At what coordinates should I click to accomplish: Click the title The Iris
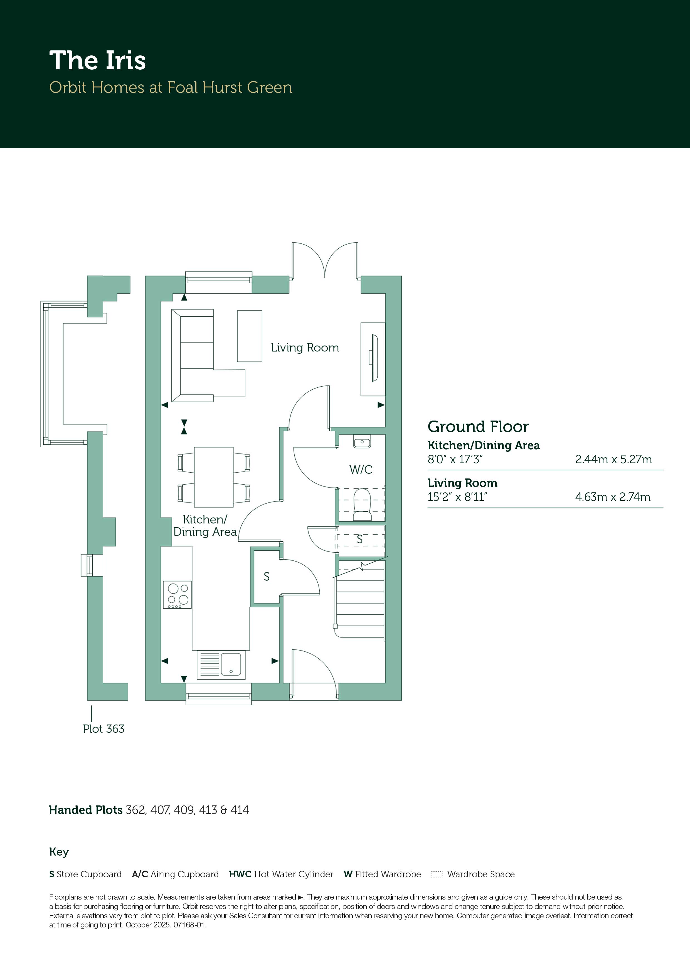97,60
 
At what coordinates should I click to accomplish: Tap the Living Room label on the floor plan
305,348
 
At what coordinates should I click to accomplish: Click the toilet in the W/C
362,504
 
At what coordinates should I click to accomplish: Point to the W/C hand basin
362,441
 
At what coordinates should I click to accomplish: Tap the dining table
213,477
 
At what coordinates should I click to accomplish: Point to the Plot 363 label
103,729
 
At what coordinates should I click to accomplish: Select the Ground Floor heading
478,426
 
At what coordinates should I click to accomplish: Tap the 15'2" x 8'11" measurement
457,497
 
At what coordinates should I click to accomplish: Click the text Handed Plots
85,810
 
